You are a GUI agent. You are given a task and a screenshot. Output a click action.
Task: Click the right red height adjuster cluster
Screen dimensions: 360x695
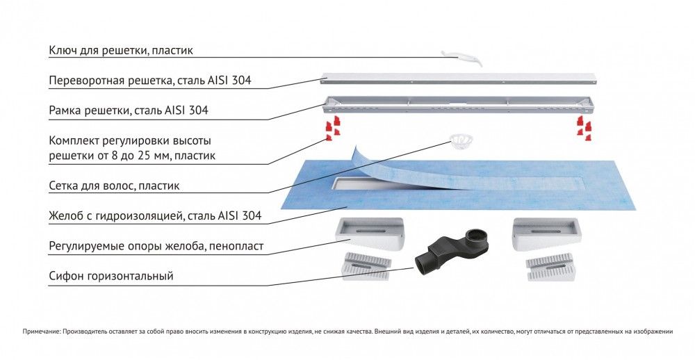click(x=582, y=128)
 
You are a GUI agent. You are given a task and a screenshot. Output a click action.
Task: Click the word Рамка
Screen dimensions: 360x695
click(x=66, y=111)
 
